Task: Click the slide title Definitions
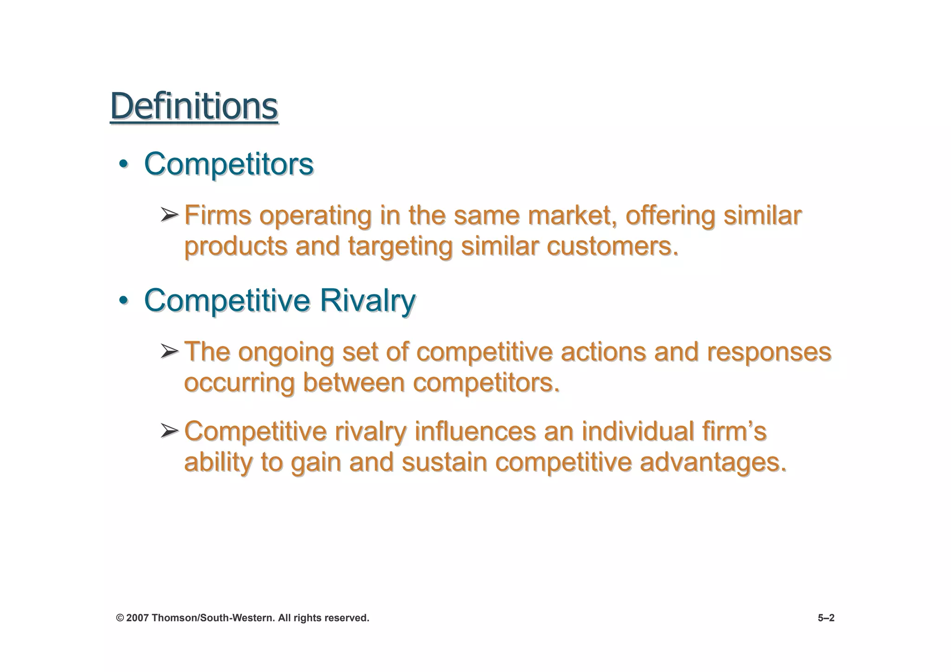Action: (194, 106)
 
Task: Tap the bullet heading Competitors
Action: (228, 164)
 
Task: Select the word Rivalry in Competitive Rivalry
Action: (367, 300)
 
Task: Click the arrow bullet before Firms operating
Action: (169, 215)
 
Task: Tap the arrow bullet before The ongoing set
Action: (169, 351)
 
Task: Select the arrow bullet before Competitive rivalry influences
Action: (169, 431)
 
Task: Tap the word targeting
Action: (400, 247)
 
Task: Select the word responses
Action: (769, 352)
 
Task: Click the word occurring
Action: (239, 383)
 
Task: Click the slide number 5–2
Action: (826, 618)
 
